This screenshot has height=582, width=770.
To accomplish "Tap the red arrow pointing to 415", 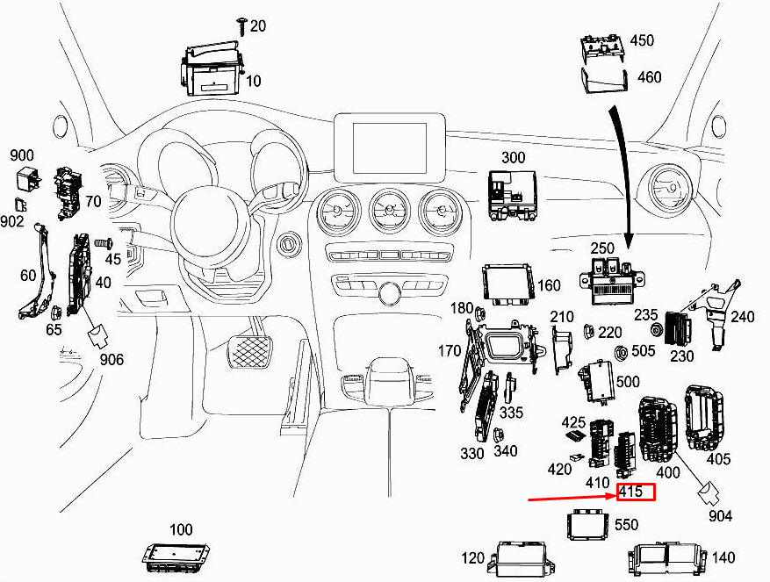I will coord(571,497).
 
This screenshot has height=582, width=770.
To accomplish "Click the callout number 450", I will coord(642,40).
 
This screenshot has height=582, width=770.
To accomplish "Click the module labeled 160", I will coord(507,286).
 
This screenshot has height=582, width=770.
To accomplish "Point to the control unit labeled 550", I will coord(588,525).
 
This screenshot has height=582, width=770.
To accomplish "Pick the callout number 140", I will coord(724,557).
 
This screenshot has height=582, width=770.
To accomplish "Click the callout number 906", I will coord(112,358).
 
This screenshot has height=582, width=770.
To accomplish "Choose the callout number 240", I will coord(742,317).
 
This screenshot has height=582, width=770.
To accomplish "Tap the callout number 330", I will coord(472,453).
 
